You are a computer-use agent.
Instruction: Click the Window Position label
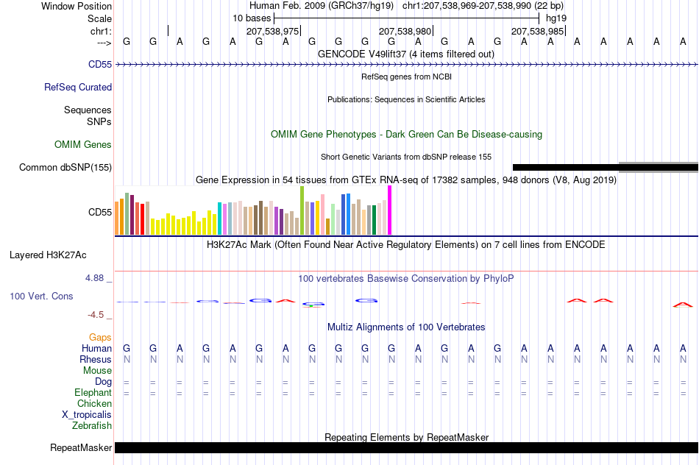[x=77, y=6]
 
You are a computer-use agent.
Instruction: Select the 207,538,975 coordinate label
[x=272, y=31]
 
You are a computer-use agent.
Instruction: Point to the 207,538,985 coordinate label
[x=537, y=31]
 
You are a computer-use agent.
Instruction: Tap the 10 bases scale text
[x=252, y=18]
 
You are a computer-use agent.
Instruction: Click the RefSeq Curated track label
[x=78, y=87]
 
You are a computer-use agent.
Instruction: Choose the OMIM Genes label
[x=83, y=144]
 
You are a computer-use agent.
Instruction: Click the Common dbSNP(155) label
[x=65, y=167]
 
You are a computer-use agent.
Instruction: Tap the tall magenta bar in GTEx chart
[x=390, y=210]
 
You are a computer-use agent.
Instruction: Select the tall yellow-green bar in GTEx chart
[x=302, y=210]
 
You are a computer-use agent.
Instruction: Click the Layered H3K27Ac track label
[x=48, y=255]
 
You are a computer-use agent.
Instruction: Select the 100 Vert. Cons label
[x=41, y=296]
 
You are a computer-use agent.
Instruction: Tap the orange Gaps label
[x=100, y=338]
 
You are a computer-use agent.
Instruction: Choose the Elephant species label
[x=93, y=392]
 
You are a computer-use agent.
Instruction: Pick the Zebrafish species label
[x=92, y=425]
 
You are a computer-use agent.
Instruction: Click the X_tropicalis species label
[x=87, y=415]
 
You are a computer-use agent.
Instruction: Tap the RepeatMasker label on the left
[x=81, y=447]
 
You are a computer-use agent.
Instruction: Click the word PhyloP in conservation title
[x=498, y=279]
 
